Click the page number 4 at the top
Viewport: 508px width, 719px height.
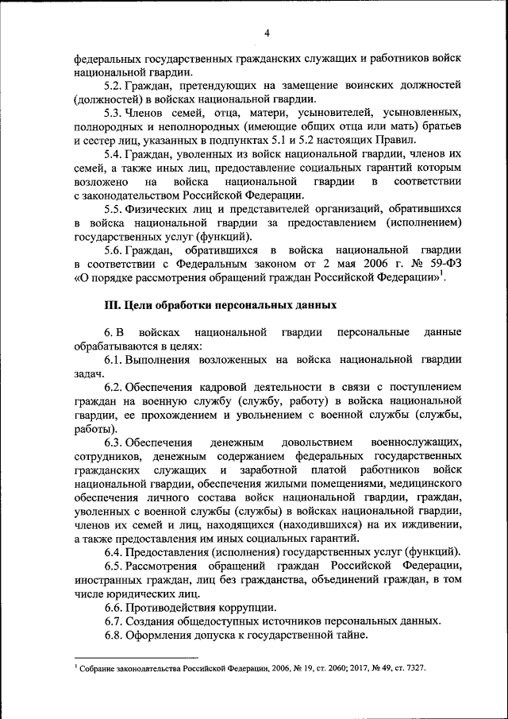pos(267,33)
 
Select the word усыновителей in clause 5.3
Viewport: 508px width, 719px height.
pos(333,114)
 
